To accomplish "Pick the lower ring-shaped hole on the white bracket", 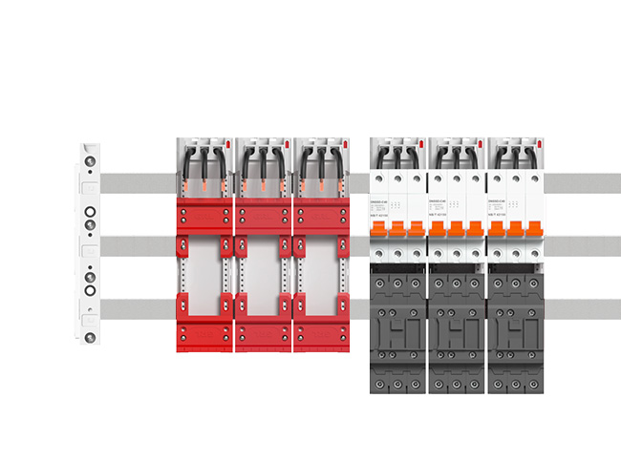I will tap(89, 288).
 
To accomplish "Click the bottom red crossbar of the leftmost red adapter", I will tap(204, 336).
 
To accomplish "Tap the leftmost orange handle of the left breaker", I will tap(379, 230).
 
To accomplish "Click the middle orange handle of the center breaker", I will tap(457, 230).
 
